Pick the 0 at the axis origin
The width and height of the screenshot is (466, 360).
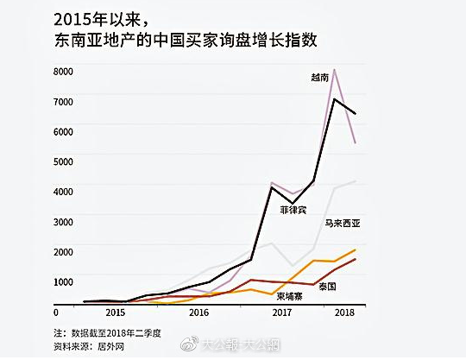pos(56,311)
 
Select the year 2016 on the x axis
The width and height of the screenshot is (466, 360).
pos(199,312)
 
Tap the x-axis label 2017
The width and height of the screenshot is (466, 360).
pos(282,312)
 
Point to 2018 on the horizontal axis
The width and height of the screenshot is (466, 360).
pos(345,312)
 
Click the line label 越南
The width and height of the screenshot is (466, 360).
pos(319,78)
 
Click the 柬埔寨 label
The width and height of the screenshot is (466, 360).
pos(289,296)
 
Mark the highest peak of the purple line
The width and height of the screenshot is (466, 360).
pos(335,69)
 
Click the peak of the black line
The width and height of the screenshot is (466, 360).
pos(335,99)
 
